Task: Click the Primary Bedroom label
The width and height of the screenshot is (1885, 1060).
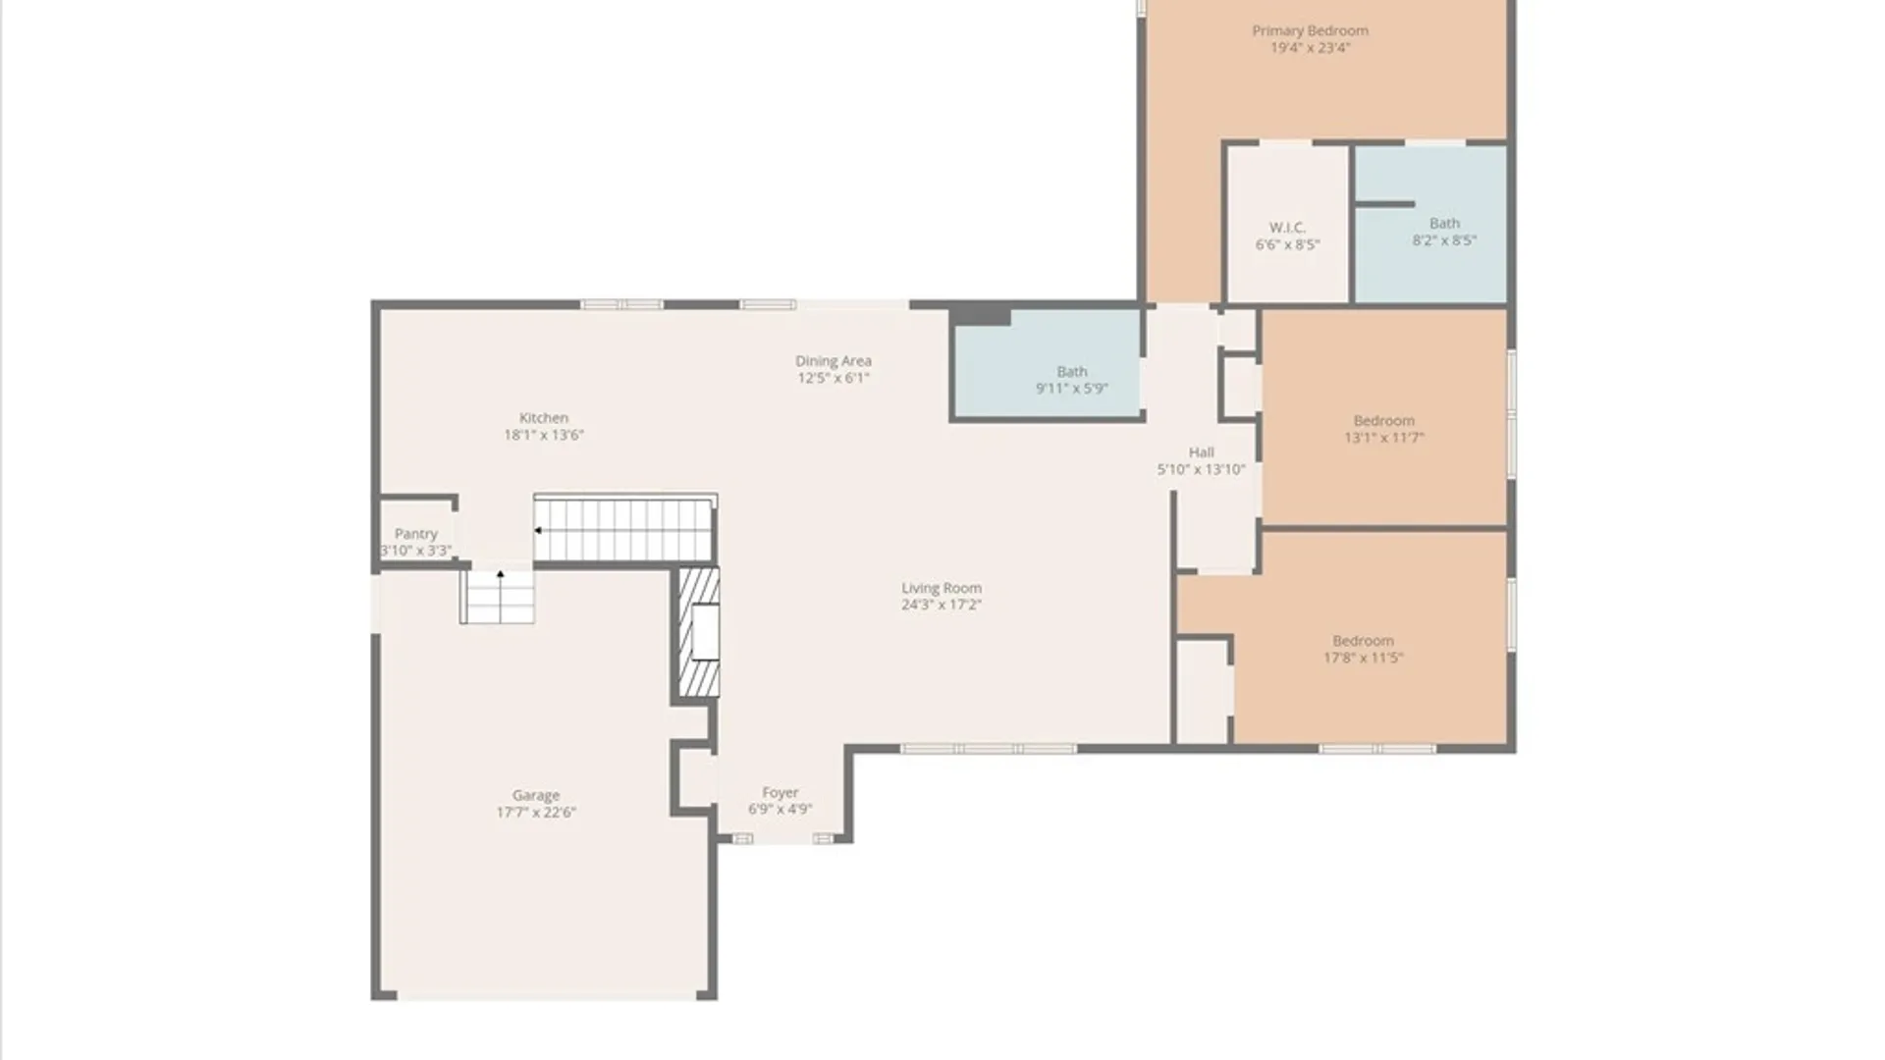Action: coord(1310,30)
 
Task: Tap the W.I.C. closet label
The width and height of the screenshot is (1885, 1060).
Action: coord(1287,228)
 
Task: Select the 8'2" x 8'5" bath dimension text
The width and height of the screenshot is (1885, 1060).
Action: coord(1444,240)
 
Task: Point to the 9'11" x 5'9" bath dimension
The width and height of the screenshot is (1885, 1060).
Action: coord(1072,389)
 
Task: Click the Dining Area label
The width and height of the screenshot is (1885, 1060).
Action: coord(834,361)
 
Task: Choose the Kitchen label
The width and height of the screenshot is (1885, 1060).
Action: coord(544,418)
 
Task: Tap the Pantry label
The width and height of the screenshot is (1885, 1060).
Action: coord(416,534)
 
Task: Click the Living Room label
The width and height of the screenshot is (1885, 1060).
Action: coord(942,588)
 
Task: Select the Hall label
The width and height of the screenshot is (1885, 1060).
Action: coord(1202,452)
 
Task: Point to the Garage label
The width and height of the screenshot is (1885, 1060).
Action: coord(536,796)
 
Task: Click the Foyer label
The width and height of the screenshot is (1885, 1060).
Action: coord(781,793)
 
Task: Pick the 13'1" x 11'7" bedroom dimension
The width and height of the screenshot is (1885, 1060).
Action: coord(1384,438)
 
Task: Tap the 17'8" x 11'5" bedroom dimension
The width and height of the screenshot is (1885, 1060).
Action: coord(1364,658)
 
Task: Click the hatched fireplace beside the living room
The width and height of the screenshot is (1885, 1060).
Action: coord(698,632)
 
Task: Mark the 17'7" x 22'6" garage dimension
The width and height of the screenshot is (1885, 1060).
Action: coord(536,813)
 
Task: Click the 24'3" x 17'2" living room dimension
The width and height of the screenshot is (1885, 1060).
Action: coord(942,605)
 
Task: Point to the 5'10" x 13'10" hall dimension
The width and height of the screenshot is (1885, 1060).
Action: coord(1202,469)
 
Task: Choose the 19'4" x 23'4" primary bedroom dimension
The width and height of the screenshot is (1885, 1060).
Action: coord(1311,47)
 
